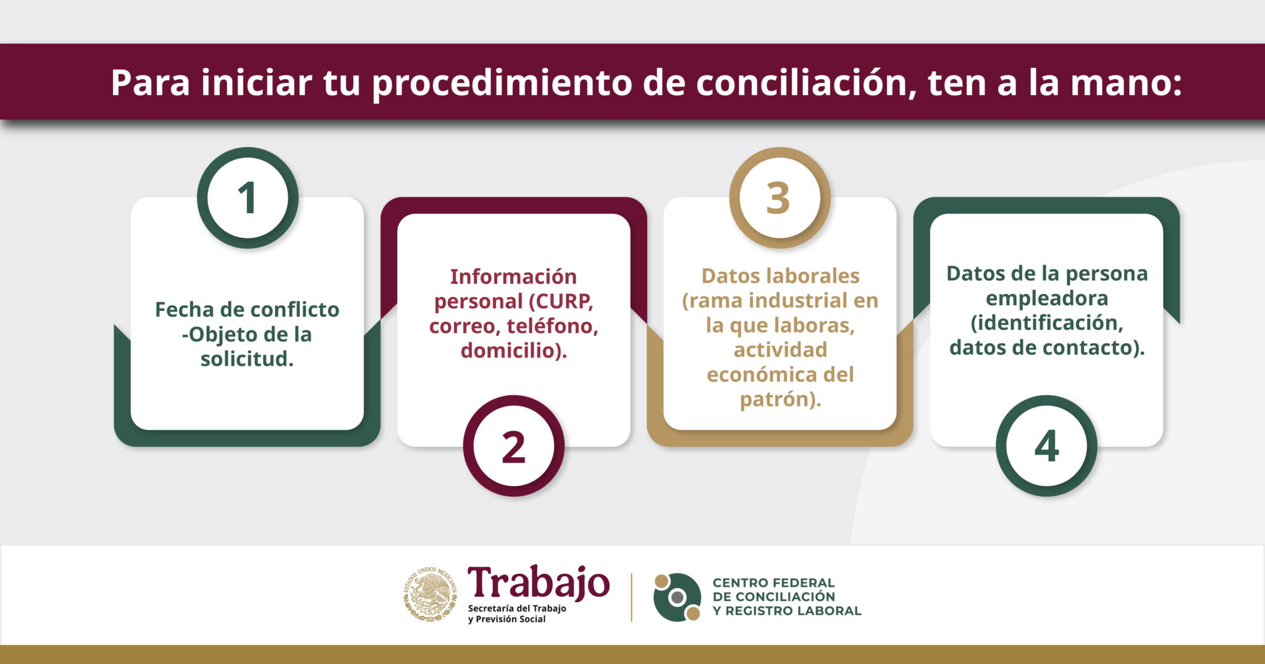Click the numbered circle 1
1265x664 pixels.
point(248,198)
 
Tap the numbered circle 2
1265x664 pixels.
point(513,446)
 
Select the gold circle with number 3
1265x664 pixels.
point(780,198)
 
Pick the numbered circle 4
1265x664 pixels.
point(1046,446)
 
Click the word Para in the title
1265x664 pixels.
point(150,83)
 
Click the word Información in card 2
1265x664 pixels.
point(513,277)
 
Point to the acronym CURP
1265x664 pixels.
point(562,301)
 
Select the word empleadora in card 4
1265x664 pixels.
point(1046,298)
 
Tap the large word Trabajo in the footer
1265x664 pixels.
point(538,582)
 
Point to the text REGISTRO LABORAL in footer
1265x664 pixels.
point(793,611)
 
